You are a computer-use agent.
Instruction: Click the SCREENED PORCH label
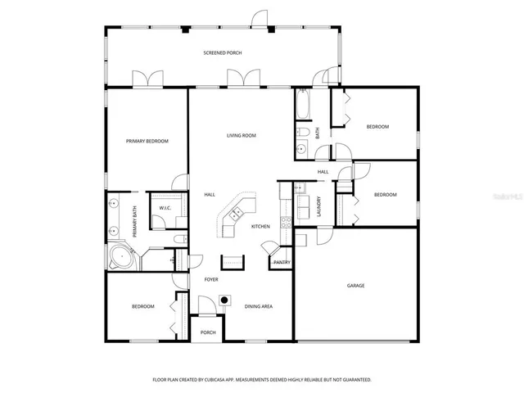point(223,53)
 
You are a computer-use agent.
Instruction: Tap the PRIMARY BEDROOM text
point(147,142)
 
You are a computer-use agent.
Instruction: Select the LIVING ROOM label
point(242,135)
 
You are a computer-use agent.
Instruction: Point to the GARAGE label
point(355,286)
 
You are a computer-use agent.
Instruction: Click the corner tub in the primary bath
point(121,258)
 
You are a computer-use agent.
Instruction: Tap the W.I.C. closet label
point(165,210)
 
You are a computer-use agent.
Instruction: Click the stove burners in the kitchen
point(284,222)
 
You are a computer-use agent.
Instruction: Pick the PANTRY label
point(282,262)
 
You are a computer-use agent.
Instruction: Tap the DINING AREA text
point(259,307)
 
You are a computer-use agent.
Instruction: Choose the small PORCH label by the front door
point(208,332)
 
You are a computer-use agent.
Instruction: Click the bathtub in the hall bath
point(302,105)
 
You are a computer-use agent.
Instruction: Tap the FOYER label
point(210,280)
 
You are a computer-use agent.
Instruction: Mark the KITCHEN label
point(260,227)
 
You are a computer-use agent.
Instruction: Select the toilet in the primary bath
point(178,239)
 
